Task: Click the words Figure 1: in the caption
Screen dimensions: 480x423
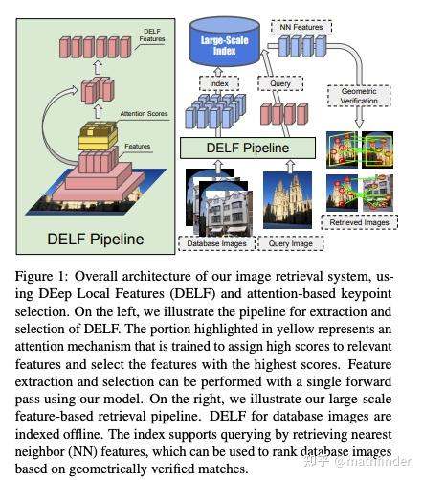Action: point(37,278)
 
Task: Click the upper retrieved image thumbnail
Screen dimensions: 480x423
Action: point(357,147)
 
